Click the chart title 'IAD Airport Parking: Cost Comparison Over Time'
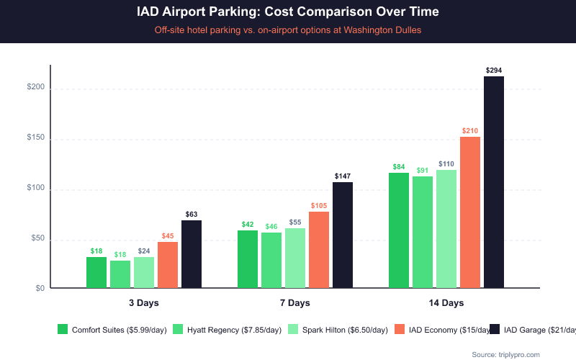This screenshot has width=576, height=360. click(287, 12)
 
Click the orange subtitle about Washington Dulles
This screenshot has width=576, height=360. click(287, 31)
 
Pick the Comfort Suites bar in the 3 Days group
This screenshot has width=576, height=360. click(96, 272)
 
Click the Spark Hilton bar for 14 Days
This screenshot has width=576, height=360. click(446, 229)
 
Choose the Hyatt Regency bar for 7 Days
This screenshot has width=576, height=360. click(271, 260)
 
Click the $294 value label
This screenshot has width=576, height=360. click(494, 71)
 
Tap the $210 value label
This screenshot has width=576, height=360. click(470, 131)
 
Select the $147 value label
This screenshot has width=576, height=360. click(343, 176)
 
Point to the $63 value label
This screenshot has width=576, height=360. click(192, 215)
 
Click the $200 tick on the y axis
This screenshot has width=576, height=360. click(35, 88)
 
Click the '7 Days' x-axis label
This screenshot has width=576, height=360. click(295, 303)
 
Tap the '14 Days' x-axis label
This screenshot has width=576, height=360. click(446, 303)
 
